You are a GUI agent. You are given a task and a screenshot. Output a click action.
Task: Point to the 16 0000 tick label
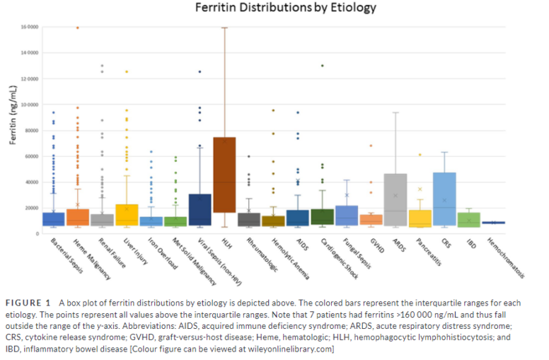pyautogui.click(x=30, y=28)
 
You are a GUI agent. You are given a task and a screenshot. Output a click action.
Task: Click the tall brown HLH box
pyautogui.click(x=224, y=175)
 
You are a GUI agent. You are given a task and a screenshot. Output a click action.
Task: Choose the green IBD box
pyautogui.click(x=468, y=219)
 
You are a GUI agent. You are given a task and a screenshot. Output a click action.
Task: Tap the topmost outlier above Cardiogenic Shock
pyautogui.click(x=322, y=66)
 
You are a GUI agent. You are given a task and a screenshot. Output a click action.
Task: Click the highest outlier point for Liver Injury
pyautogui.click(x=127, y=71)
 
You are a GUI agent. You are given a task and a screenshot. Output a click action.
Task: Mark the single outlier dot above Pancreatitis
pyautogui.click(x=420, y=154)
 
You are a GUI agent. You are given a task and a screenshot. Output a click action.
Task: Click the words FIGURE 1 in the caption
pyautogui.click(x=36, y=301)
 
